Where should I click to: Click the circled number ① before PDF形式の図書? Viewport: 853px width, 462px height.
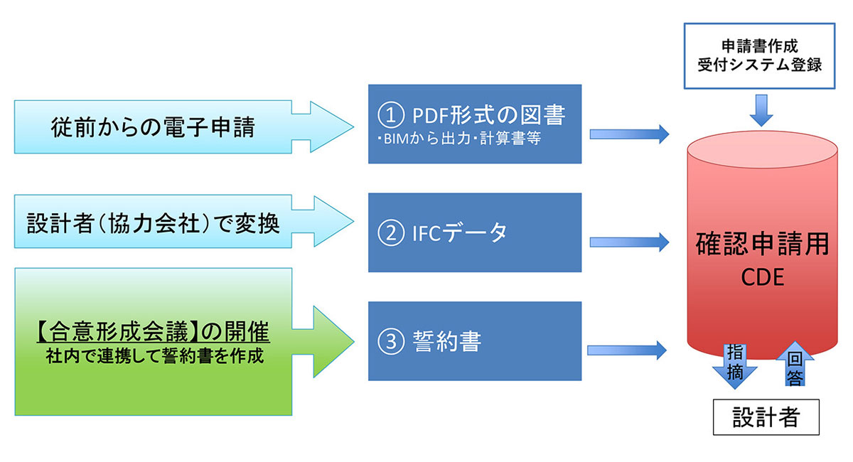coord(391,114)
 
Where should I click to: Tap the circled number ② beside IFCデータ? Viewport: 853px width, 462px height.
coord(391,232)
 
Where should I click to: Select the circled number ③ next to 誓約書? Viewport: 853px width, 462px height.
coord(391,341)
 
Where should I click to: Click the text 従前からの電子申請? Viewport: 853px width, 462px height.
coord(153,127)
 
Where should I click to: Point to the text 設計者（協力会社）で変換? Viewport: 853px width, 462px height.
coord(153,222)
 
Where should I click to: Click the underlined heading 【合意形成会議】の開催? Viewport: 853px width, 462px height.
coord(153,331)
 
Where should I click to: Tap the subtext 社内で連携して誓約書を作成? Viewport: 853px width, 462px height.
coord(155,356)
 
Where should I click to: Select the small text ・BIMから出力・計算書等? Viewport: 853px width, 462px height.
coord(459,139)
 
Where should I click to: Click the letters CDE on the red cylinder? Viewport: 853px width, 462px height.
coord(762,277)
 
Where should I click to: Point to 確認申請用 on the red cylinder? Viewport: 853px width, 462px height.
coord(762,244)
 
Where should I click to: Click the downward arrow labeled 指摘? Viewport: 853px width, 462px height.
coord(734,365)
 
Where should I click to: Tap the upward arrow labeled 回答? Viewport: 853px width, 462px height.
coord(795,364)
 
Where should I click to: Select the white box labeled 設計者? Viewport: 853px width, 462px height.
coord(766,417)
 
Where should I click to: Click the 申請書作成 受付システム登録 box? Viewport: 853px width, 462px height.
coord(759,56)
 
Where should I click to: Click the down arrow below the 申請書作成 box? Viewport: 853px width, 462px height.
coord(761,110)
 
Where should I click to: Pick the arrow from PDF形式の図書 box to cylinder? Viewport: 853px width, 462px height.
coord(629,134)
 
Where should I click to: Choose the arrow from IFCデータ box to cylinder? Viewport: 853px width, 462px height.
coord(629,242)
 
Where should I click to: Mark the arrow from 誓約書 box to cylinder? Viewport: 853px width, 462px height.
coord(627,350)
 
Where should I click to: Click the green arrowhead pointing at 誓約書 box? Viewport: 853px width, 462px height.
coord(332,342)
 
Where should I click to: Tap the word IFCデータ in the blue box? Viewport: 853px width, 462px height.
coord(460,232)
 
